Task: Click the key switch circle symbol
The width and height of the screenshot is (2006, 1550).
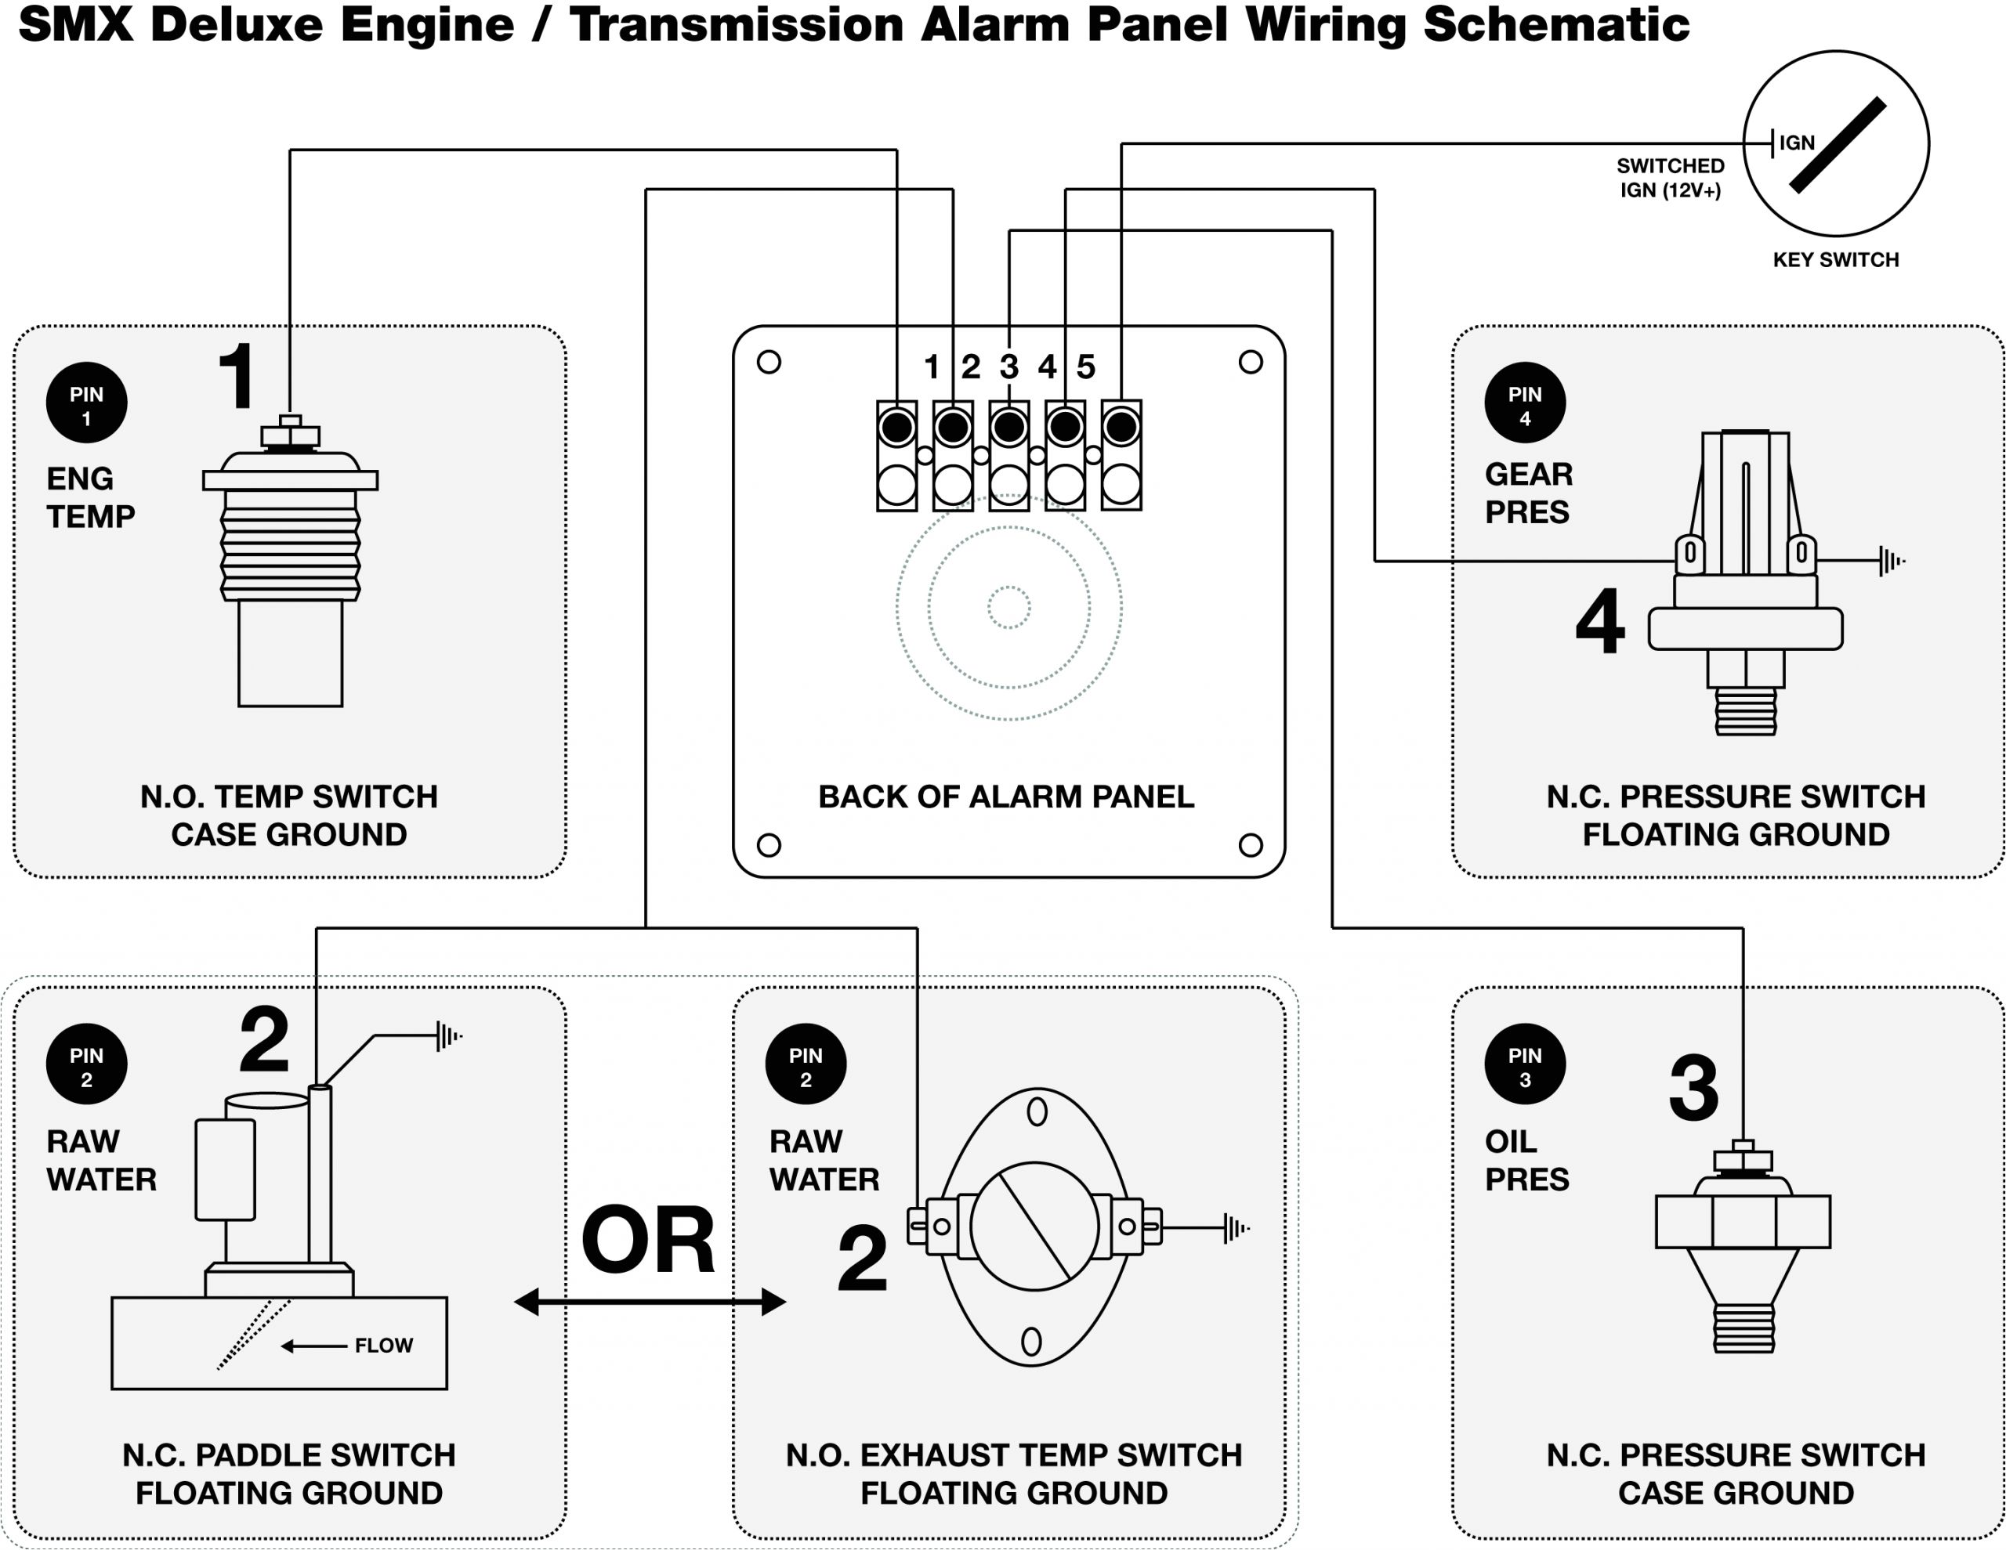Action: [x=1835, y=144]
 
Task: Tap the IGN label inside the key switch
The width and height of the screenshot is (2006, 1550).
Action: [x=1797, y=143]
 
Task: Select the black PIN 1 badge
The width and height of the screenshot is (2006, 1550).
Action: [x=86, y=403]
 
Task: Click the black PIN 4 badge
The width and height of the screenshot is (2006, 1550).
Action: [x=1525, y=403]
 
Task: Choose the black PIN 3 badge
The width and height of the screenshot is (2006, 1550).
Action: [x=1525, y=1064]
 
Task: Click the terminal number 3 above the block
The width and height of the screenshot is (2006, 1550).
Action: [x=1008, y=367]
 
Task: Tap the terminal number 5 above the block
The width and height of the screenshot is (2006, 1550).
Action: [x=1085, y=367]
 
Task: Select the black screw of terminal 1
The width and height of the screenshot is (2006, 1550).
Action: [x=896, y=427]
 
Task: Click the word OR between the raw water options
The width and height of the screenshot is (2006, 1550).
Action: [x=649, y=1241]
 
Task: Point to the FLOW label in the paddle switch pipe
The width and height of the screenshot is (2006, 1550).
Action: [x=384, y=1346]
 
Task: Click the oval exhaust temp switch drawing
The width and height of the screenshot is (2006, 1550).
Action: [x=1034, y=1227]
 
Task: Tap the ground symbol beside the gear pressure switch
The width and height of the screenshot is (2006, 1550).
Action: [x=1890, y=560]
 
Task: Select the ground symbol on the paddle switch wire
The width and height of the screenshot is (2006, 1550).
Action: [x=448, y=1035]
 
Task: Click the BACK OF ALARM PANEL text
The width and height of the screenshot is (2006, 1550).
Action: [x=1006, y=796]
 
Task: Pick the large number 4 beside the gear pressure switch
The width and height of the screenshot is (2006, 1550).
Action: [x=1600, y=622]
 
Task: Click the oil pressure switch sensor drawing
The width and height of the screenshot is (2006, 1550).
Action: [x=1743, y=1248]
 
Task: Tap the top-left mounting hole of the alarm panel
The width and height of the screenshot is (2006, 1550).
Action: [x=769, y=362]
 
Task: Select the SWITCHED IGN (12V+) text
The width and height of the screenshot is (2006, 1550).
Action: [x=1670, y=178]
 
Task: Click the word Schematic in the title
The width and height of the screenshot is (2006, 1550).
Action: [x=1556, y=25]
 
